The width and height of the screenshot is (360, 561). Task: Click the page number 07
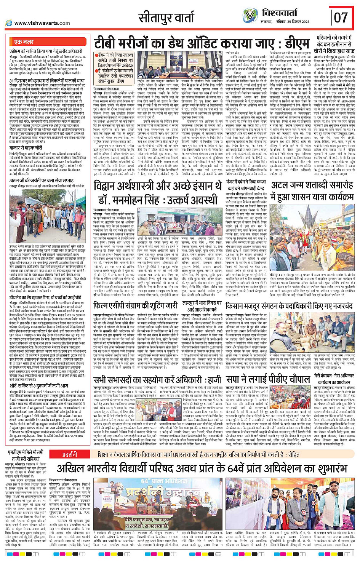coord(341,17)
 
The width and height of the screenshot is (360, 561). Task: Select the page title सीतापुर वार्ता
coord(166,18)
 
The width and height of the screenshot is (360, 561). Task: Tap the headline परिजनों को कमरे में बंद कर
coord(336,44)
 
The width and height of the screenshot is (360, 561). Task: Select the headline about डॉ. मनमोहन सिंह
coord(157,192)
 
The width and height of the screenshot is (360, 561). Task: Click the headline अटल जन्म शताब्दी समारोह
coord(312,190)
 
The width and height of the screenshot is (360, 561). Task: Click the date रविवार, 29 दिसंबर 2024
coord(293,22)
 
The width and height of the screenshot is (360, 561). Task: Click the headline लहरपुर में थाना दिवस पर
coord(202,306)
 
